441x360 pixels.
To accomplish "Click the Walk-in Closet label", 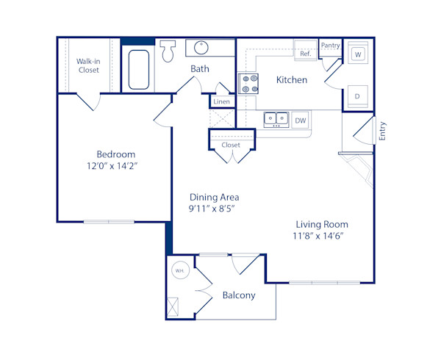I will pos(88,65).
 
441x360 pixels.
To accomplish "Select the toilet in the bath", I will pos(168,50).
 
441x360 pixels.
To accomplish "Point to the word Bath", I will pos(200,69).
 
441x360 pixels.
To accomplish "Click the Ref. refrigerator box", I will pos(304,54).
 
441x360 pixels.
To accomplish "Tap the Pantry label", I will pos(331,46).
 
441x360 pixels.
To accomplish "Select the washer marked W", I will pos(358,54).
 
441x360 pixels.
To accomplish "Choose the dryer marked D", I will pos(358,96).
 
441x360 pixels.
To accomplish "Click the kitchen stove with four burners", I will pos(248,83).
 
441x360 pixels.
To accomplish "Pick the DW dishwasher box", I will pos(300,120).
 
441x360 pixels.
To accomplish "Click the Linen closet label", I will pos(221,101).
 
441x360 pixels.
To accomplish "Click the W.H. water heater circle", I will pos(179,270).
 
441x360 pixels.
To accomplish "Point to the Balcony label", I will pos(238,295).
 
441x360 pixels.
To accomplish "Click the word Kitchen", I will pos(292,79).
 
